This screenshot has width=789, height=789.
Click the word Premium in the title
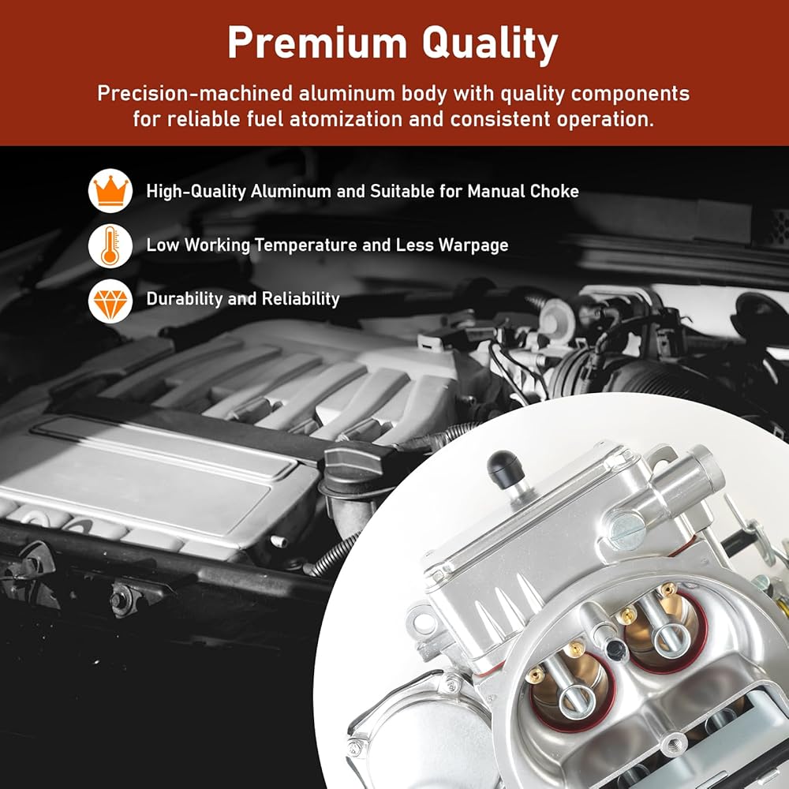(317, 43)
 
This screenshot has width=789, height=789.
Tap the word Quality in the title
(490, 44)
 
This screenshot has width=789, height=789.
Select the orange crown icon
(110, 191)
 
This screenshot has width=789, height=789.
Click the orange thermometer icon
(110, 245)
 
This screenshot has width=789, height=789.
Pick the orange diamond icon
(110, 301)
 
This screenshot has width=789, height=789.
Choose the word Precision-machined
(195, 94)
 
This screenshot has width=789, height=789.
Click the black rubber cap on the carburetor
(506, 469)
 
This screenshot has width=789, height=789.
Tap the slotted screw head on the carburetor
(626, 530)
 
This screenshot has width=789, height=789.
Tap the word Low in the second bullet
(163, 245)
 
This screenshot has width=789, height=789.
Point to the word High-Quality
(196, 192)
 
